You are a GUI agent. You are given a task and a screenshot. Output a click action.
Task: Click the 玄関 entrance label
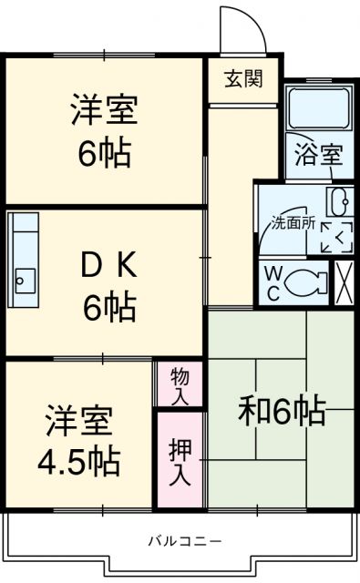coord(243,78)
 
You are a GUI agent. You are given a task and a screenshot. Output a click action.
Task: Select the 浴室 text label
coord(318,154)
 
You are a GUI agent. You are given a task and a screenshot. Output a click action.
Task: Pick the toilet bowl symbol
coord(307,283)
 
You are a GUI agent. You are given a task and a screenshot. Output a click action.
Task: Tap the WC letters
coord(273,282)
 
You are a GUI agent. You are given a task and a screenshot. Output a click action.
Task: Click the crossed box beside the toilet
coord(345,281)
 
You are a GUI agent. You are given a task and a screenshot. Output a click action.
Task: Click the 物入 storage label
coord(179,384)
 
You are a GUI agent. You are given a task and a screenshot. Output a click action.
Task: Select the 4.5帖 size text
coord(79,463)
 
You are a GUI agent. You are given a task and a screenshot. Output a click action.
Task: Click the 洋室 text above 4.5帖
coord(79,422)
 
